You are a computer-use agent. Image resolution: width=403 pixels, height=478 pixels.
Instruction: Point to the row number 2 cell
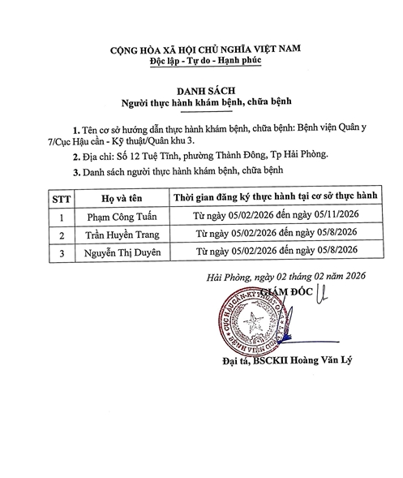tap(61, 235)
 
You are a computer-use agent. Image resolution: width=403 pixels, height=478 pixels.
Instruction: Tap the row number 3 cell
tap(61, 252)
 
